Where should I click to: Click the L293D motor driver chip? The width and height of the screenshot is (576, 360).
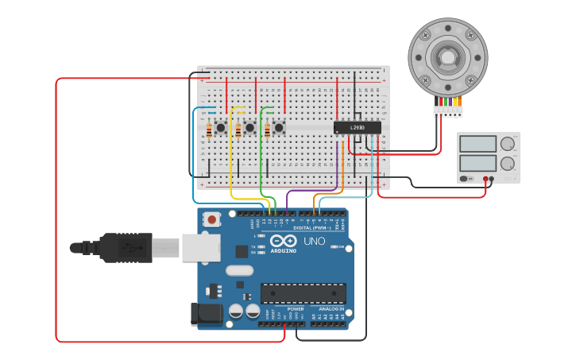pyautogui.click(x=357, y=127)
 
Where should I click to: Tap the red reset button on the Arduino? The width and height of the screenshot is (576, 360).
pyautogui.click(x=211, y=219)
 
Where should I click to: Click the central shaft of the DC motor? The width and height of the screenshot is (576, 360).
pyautogui.click(x=446, y=56)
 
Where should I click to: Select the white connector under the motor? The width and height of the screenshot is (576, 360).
pyautogui.click(x=447, y=111)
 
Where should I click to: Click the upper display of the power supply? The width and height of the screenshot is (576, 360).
pyautogui.click(x=477, y=144)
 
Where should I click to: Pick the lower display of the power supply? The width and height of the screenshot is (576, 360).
pyautogui.click(x=477, y=162)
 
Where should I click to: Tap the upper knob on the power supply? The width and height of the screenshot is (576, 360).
pyautogui.click(x=507, y=144)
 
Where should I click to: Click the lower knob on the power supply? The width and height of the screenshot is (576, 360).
pyautogui.click(x=507, y=163)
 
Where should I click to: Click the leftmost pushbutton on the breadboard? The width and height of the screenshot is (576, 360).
pyautogui.click(x=221, y=127)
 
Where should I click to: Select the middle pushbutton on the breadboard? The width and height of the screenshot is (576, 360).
pyautogui.click(x=249, y=127)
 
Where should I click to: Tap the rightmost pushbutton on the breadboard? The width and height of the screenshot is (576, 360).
pyautogui.click(x=279, y=127)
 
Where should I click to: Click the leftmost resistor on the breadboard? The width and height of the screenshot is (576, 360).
pyautogui.click(x=209, y=130)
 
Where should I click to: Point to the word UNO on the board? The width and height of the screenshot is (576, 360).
pyautogui.click(x=314, y=241)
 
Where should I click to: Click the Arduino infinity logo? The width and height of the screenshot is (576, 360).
pyautogui.click(x=284, y=241)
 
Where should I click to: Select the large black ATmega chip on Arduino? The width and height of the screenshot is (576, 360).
pyautogui.click(x=303, y=292)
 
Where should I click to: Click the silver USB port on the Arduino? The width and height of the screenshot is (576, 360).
pyautogui.click(x=201, y=247)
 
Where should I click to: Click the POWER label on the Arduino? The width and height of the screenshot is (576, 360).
pyautogui.click(x=296, y=309)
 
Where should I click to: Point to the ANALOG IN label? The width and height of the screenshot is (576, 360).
pyautogui.click(x=331, y=309)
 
